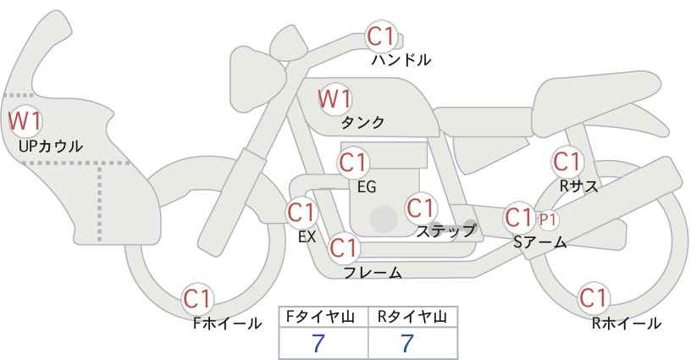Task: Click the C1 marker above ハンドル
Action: [381, 36]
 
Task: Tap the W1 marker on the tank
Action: [334, 99]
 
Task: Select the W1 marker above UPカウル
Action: [25, 121]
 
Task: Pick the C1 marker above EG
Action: [354, 163]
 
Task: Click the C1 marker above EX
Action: [301, 212]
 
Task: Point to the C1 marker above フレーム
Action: [344, 249]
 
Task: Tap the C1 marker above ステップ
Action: [420, 208]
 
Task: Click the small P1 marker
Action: [549, 219]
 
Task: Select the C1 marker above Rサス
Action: [567, 161]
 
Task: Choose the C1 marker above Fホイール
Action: [198, 299]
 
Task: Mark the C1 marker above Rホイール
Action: [593, 298]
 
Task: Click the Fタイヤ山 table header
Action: [323, 318]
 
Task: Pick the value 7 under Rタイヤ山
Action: [408, 343]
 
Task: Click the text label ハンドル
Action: [401, 60]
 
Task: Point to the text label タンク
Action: [362, 123]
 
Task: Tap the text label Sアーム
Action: [539, 242]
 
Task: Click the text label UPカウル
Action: [51, 147]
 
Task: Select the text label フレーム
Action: [373, 272]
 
